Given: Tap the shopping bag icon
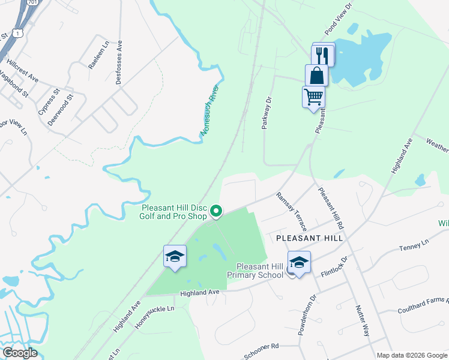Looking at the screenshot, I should click(x=316, y=76).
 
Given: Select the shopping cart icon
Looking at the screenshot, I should click(x=313, y=97).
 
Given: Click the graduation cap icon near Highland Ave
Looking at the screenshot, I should click(x=175, y=256).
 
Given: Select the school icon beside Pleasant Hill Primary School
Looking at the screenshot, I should click(x=299, y=262).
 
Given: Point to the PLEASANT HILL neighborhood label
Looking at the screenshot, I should click(x=309, y=238).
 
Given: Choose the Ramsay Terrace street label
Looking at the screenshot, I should click(x=292, y=212).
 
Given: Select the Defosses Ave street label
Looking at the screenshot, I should click(x=119, y=62).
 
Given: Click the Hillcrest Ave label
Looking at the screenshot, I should click(x=23, y=70).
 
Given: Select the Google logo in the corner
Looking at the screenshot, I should click(x=19, y=353).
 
